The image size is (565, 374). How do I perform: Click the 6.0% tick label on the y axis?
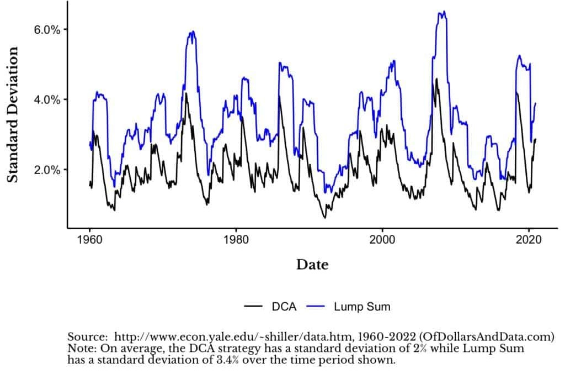pyautogui.click(x=47, y=29)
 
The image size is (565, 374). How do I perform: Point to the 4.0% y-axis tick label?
pyautogui.click(x=47, y=99)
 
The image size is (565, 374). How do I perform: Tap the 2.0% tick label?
pyautogui.click(x=47, y=170)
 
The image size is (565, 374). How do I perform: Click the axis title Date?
pyautogui.click(x=312, y=265)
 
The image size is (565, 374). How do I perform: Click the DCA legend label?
pyautogui.click(x=284, y=307)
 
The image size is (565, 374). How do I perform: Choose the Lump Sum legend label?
pyautogui.click(x=361, y=307)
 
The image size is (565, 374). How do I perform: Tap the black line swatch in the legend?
pyautogui.click(x=253, y=307)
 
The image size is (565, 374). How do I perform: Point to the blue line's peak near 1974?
pyautogui.click(x=192, y=31)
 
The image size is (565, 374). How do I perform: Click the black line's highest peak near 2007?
pyautogui.click(x=436, y=79)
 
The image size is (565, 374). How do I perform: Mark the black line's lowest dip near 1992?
pyautogui.click(x=325, y=218)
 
